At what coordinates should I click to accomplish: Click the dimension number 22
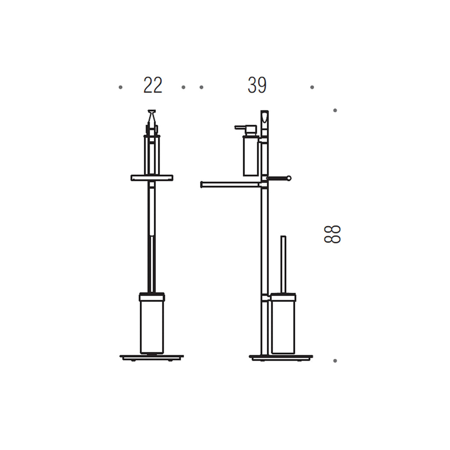coord(153,85)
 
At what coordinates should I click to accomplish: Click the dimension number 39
coord(257,85)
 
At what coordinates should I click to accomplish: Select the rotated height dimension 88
coord(332,234)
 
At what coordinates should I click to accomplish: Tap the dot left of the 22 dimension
coord(120,87)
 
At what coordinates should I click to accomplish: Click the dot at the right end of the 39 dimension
coord(312,87)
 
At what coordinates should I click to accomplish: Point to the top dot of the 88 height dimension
coord(335,110)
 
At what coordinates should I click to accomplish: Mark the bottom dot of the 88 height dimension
coord(335,361)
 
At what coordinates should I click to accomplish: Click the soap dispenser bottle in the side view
coord(250,156)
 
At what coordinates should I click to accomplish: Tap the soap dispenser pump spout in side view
coord(241,127)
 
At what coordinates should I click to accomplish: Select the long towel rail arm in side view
coord(231,185)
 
